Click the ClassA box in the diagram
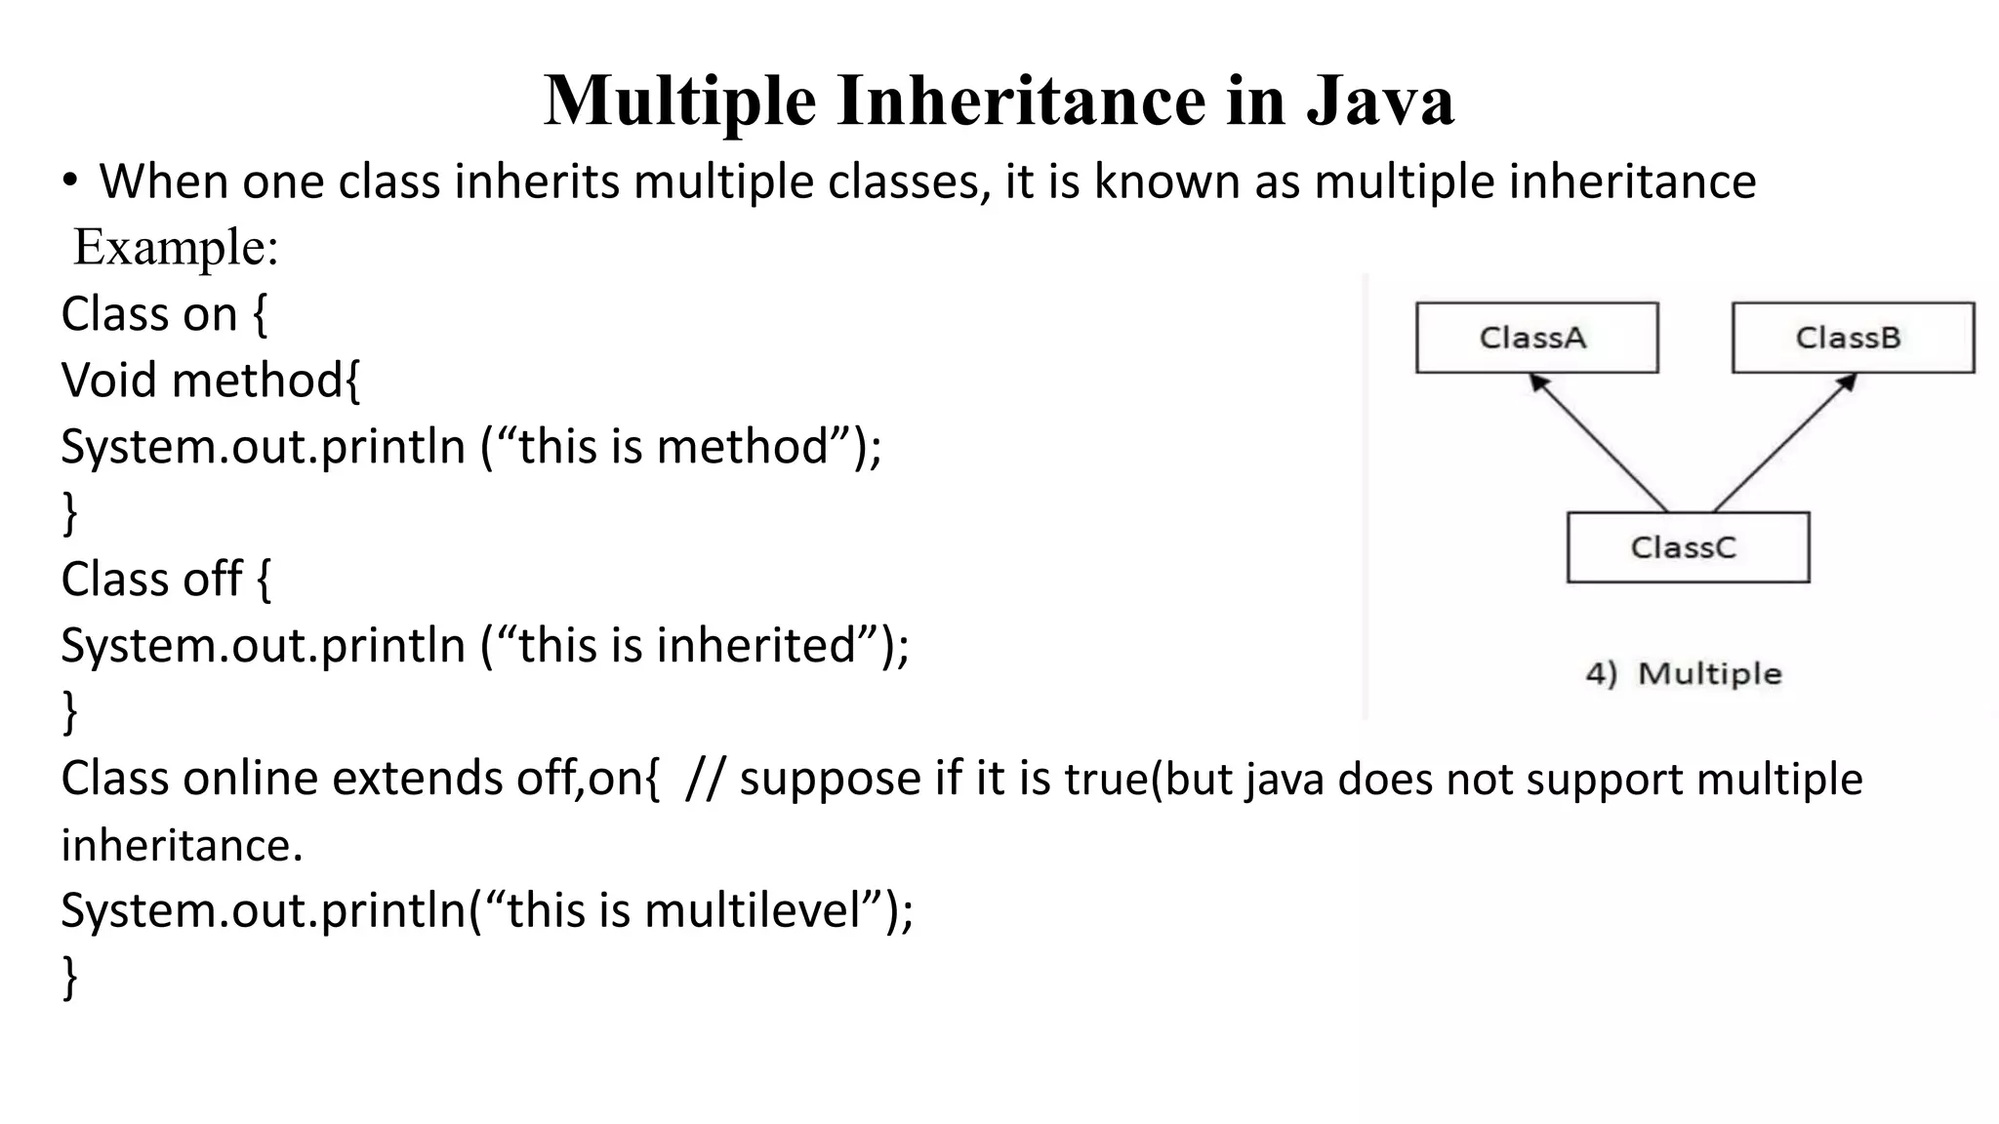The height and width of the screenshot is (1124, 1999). (1536, 338)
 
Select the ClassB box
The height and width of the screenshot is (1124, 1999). (1853, 338)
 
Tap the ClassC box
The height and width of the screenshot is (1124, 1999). (1688, 547)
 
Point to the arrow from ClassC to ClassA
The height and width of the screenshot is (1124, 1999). (1599, 443)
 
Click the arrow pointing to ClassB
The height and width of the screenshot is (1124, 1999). (1784, 443)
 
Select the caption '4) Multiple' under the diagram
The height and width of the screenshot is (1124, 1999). (1684, 673)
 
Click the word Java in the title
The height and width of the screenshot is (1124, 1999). (1380, 100)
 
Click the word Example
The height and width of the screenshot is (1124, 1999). (176, 247)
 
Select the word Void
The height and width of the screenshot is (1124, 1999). (108, 380)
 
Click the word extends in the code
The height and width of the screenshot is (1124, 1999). (417, 779)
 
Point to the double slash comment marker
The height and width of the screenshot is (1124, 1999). (705, 779)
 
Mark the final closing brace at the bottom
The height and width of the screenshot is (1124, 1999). (69, 977)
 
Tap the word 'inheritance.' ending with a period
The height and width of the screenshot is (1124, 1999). (183, 845)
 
